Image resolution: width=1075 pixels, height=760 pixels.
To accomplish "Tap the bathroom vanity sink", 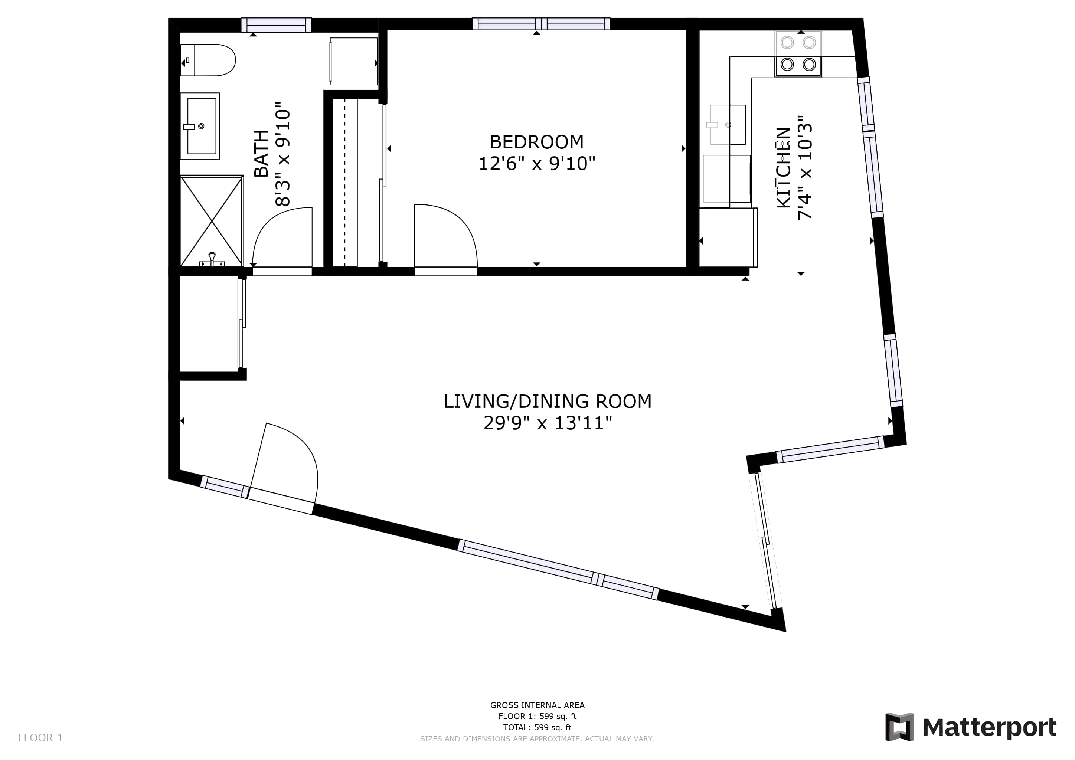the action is point(200,126).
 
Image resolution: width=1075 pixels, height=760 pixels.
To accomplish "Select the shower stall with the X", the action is point(212,221).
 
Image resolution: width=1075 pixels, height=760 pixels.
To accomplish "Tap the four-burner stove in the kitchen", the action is point(798,54).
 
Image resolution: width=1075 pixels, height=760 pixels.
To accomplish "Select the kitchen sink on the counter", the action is point(727,124).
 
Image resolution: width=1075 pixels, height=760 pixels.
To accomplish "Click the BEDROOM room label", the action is point(536,141).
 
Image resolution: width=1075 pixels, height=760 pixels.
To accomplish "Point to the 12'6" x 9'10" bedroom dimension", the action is point(536,164).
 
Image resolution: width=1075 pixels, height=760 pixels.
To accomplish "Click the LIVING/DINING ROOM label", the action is point(547,401).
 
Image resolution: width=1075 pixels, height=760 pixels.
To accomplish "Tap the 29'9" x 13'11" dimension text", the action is point(547,423).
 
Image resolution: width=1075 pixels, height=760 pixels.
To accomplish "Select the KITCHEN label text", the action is point(784,167).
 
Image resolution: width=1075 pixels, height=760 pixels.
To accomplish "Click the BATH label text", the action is point(261,154).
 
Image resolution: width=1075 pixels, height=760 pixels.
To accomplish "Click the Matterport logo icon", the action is point(899,727).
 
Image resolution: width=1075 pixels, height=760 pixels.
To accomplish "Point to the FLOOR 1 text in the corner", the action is point(40,738).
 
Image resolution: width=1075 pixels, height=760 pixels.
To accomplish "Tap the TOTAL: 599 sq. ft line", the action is point(537,727).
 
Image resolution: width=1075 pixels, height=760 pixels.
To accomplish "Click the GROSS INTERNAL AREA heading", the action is point(537,705).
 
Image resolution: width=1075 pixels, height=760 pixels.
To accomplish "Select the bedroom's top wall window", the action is point(541,24).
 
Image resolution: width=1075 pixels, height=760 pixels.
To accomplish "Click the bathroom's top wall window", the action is point(276,25).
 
